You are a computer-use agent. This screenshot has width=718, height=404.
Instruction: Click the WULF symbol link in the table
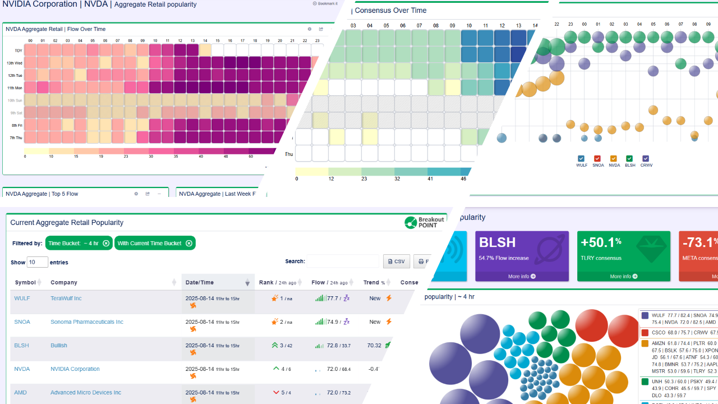click(21, 299)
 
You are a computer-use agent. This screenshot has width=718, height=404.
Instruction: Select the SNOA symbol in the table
click(21, 322)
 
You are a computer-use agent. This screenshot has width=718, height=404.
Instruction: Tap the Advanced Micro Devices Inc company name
click(85, 393)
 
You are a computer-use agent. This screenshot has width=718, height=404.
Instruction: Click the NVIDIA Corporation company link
click(75, 369)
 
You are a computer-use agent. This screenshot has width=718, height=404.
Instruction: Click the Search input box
click(343, 261)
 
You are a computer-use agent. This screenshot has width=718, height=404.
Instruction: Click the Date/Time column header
click(200, 283)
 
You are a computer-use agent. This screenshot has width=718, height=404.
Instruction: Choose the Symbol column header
click(25, 283)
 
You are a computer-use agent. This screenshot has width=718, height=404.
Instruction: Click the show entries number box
click(38, 262)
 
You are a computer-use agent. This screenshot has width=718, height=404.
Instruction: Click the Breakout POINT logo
click(425, 223)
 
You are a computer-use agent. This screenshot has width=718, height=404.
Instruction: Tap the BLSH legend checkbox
click(630, 159)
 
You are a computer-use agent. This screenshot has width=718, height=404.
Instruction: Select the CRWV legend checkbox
click(646, 159)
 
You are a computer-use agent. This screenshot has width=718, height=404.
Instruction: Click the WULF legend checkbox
click(581, 159)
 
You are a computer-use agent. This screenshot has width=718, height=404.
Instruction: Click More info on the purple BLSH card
click(522, 277)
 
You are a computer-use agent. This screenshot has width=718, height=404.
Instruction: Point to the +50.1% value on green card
click(601, 242)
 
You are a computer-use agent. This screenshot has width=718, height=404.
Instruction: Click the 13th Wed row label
click(15, 63)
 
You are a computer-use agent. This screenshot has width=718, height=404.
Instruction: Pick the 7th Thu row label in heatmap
click(15, 137)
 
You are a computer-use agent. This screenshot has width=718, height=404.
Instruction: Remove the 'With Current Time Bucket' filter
click(189, 244)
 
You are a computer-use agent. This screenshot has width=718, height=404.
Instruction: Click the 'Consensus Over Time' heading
click(390, 10)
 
